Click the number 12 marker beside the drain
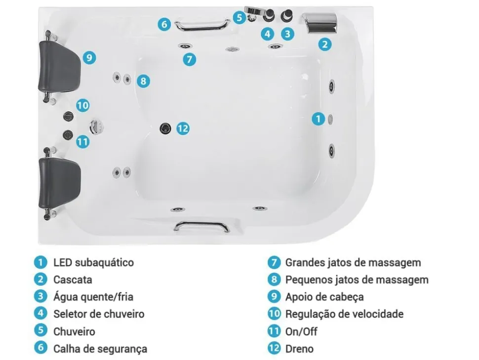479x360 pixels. click(183, 128)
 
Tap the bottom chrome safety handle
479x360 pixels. click(201, 226)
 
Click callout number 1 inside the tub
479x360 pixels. click(319, 119)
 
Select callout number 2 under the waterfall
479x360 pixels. click(324, 44)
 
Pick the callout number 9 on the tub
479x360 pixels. click(88, 58)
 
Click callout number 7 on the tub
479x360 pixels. click(189, 60)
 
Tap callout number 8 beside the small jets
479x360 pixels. click(143, 81)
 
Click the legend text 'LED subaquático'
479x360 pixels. click(93, 263)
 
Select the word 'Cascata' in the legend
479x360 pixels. click(73, 280)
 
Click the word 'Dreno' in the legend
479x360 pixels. click(299, 349)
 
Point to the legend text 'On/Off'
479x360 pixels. click(301, 331)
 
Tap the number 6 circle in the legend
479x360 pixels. click(40, 348)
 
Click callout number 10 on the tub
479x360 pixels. click(82, 105)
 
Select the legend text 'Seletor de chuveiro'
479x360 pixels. click(99, 314)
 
